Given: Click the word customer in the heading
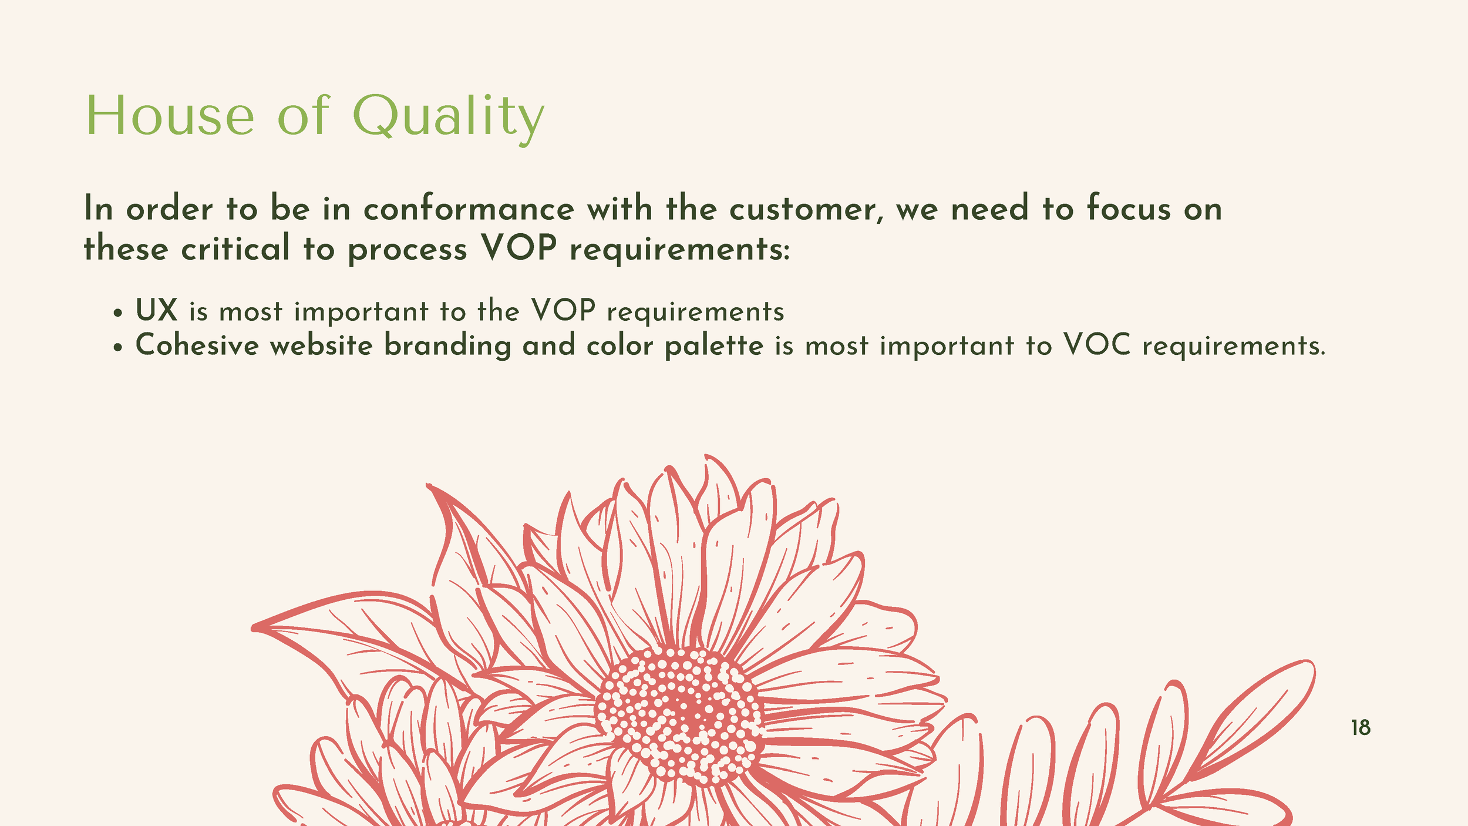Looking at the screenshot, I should [x=806, y=209].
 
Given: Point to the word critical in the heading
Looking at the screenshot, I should [x=235, y=248].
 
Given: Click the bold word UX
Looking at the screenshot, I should [x=156, y=310].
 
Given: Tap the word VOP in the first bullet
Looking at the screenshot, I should [x=563, y=310].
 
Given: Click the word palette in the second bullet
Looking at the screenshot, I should [x=714, y=345].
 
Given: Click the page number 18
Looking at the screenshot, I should [x=1361, y=728].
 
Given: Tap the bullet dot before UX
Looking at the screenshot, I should [x=119, y=314].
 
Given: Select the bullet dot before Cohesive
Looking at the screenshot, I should [x=119, y=348].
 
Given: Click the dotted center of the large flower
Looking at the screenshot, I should [x=680, y=714].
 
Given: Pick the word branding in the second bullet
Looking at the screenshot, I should [x=447, y=345].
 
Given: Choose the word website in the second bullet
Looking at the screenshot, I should [x=321, y=345].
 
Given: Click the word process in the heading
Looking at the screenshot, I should [x=407, y=249].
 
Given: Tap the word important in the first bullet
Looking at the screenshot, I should [x=361, y=311].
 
